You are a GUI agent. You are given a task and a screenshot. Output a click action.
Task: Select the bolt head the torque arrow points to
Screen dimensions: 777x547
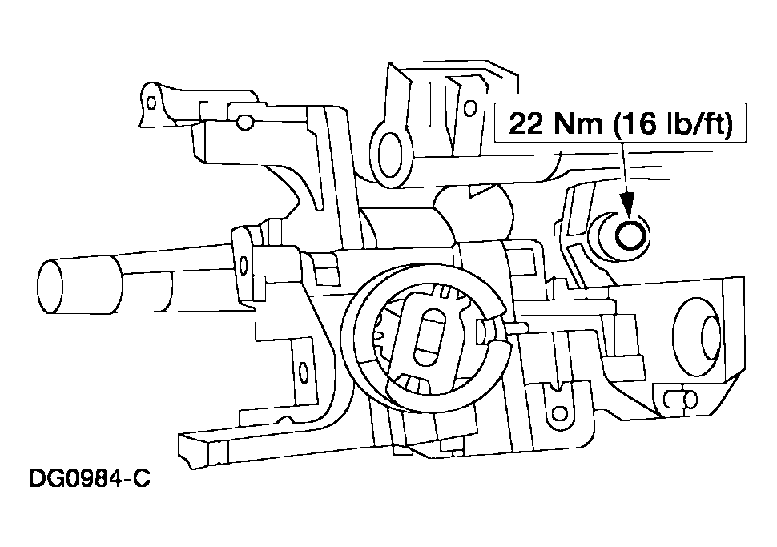point(630,235)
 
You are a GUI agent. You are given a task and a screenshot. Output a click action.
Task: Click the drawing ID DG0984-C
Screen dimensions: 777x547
point(89,479)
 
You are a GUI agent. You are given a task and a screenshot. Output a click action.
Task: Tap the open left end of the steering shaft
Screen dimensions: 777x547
point(50,287)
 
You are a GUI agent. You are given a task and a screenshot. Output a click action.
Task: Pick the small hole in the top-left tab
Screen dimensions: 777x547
point(152,103)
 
